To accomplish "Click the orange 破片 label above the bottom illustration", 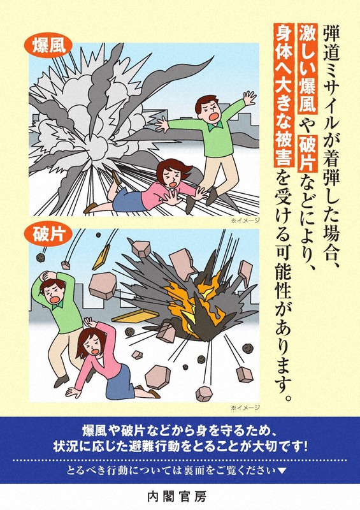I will click(48, 233).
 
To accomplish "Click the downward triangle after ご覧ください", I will click(282, 472).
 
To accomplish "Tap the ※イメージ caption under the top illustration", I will click(248, 221).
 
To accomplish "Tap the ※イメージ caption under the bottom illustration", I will click(248, 405).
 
